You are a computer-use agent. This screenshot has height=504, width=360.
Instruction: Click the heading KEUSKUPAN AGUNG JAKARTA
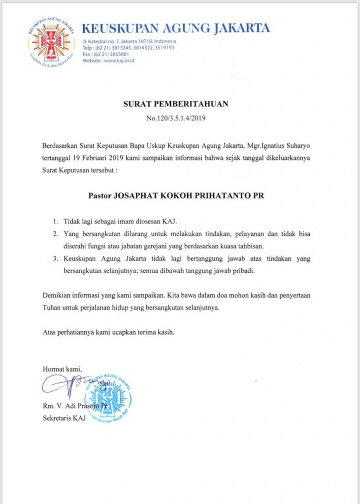click(x=176, y=29)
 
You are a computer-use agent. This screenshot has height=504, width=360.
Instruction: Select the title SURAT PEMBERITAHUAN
click(x=176, y=104)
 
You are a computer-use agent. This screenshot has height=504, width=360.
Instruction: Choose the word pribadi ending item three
click(x=256, y=271)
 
